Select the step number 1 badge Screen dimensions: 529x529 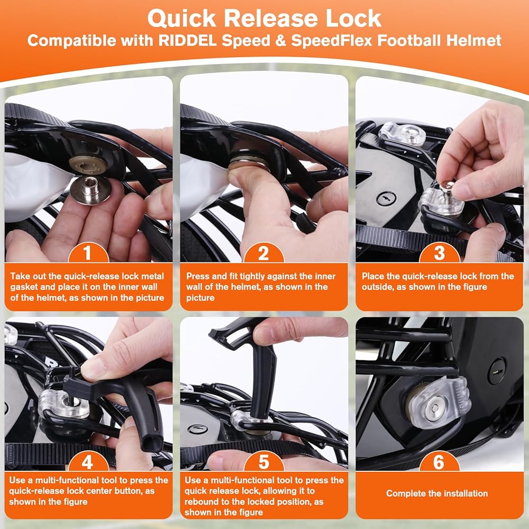click(88, 253)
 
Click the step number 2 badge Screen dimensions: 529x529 click(263, 253)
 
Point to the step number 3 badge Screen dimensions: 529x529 click(439, 253)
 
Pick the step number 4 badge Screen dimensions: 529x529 click(88, 461)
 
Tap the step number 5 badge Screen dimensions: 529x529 click(263, 461)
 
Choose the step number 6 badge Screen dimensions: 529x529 click(439, 461)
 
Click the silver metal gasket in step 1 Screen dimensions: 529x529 click(91, 189)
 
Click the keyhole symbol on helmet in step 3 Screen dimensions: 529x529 click(386, 198)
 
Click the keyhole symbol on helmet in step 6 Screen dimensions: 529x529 click(497, 371)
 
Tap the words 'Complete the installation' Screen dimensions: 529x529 click(437, 494)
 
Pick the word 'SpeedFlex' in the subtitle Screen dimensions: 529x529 click(332, 41)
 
